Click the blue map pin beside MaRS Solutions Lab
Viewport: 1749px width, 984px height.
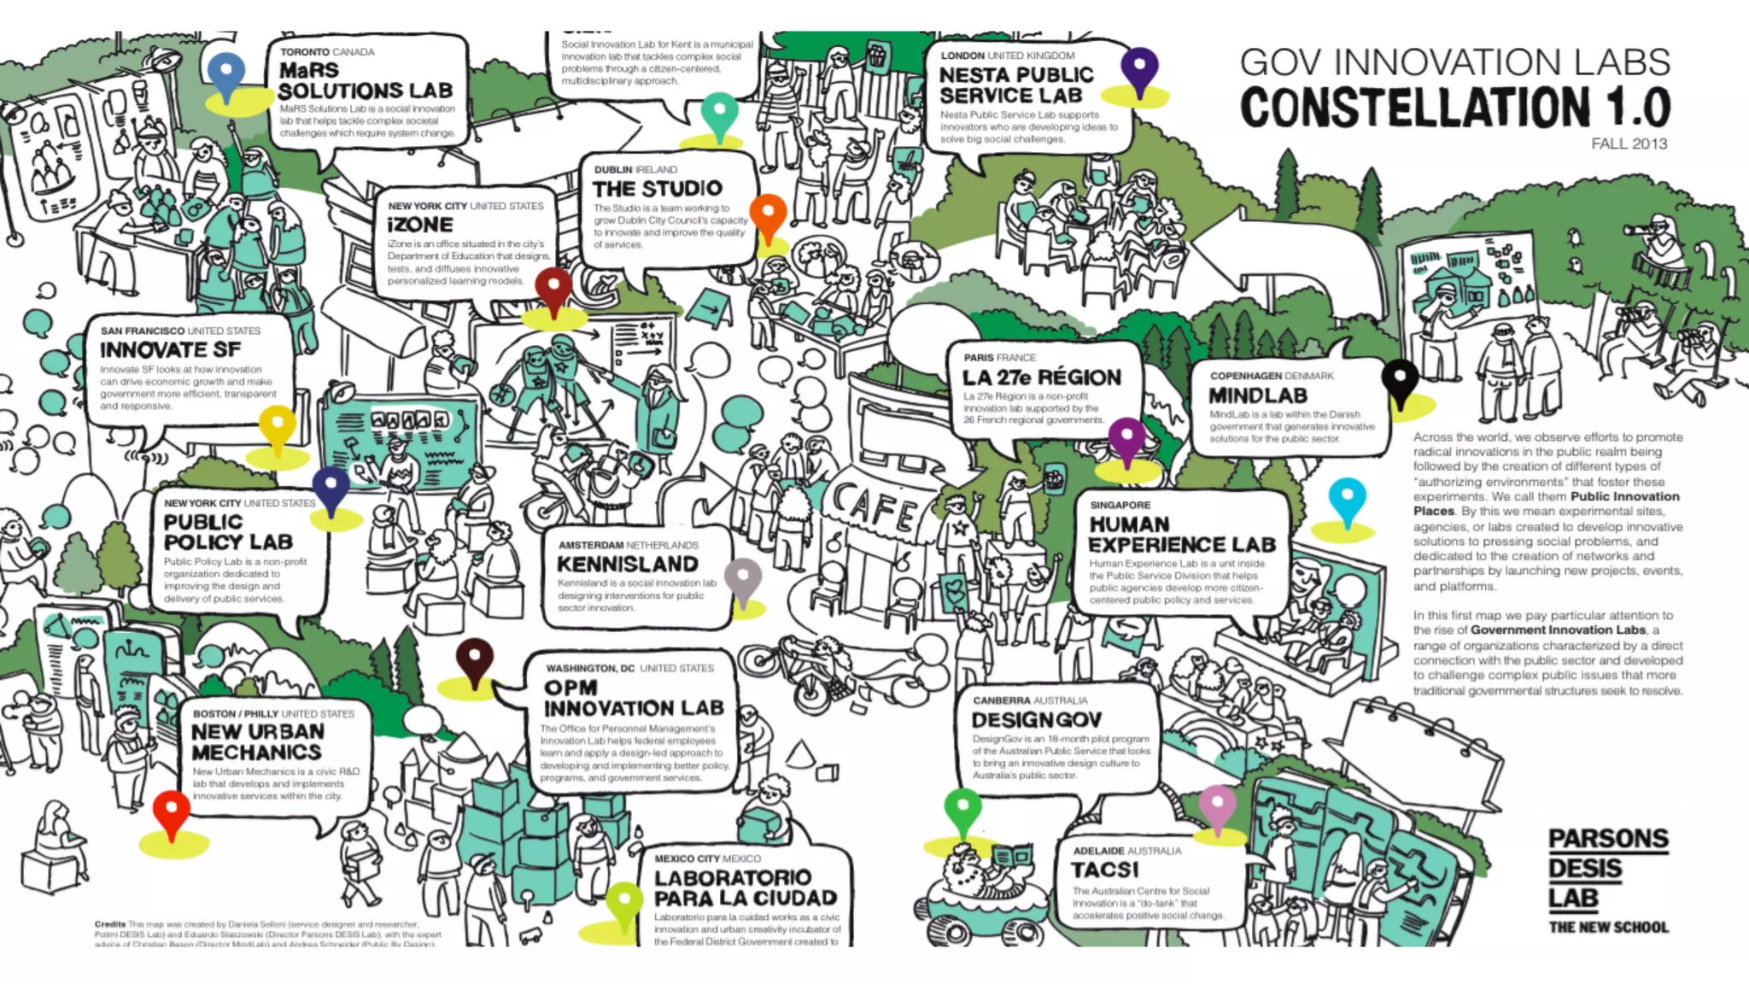pos(226,74)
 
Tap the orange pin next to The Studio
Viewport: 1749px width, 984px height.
pos(768,214)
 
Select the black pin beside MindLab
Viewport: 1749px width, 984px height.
pos(1400,380)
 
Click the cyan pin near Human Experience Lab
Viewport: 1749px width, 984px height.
pos(1347,500)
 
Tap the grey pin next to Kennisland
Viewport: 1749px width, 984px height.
pos(742,579)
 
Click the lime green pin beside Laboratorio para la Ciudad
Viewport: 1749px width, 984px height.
pos(623,903)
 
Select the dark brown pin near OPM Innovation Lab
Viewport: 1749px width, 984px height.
pos(474,659)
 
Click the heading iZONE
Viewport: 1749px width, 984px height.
pos(420,225)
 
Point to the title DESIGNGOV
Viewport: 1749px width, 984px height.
pos(1037,720)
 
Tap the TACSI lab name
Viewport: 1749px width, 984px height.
pos(1105,870)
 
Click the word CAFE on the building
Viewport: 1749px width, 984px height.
pos(873,506)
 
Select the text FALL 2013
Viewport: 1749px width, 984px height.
pos(1629,143)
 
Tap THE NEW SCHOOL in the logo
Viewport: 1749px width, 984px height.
pos(1608,927)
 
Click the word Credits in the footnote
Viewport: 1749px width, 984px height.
pos(110,924)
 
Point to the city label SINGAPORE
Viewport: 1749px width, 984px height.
pos(1120,505)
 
